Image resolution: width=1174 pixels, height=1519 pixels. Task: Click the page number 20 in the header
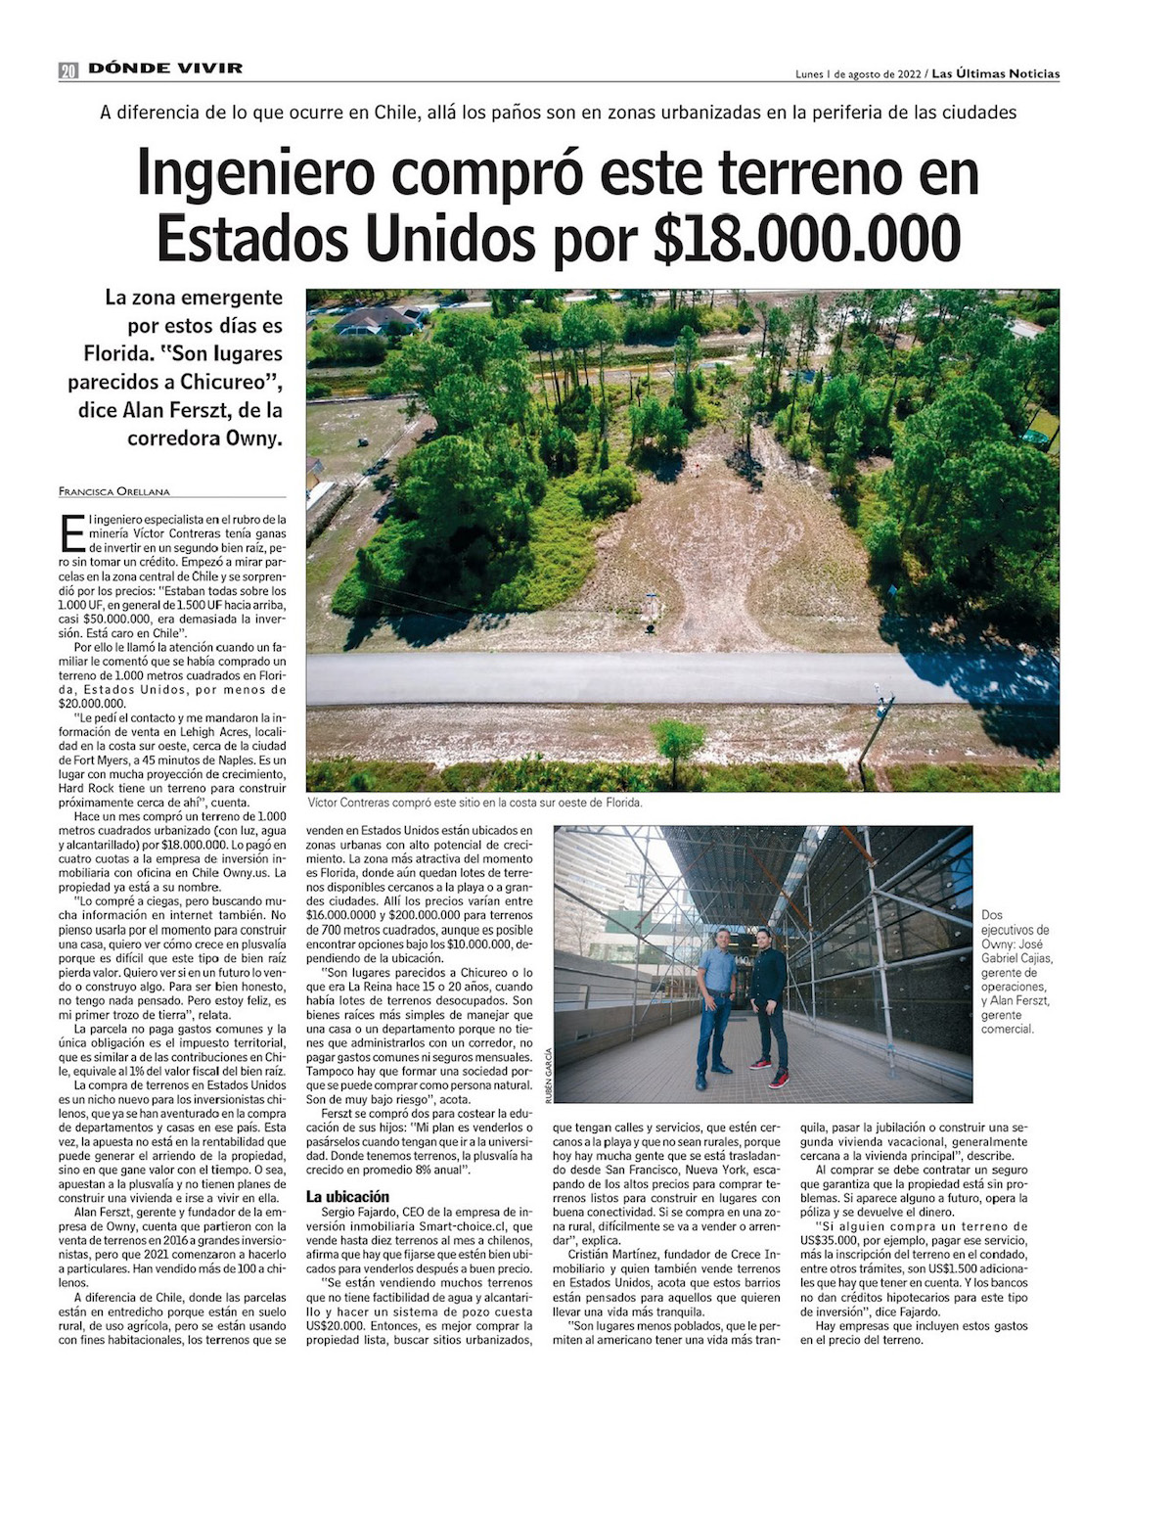68,69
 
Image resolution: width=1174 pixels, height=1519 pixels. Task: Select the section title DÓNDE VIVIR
165,69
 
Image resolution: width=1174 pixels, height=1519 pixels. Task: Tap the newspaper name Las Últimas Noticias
995,73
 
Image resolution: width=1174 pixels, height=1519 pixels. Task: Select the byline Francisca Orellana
113,490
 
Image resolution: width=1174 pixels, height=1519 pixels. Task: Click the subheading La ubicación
347,1196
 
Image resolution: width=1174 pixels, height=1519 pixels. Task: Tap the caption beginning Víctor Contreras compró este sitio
474,803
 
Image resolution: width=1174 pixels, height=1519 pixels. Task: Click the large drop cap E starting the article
71,532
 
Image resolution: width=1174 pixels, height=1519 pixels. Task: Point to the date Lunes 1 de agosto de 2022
858,74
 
